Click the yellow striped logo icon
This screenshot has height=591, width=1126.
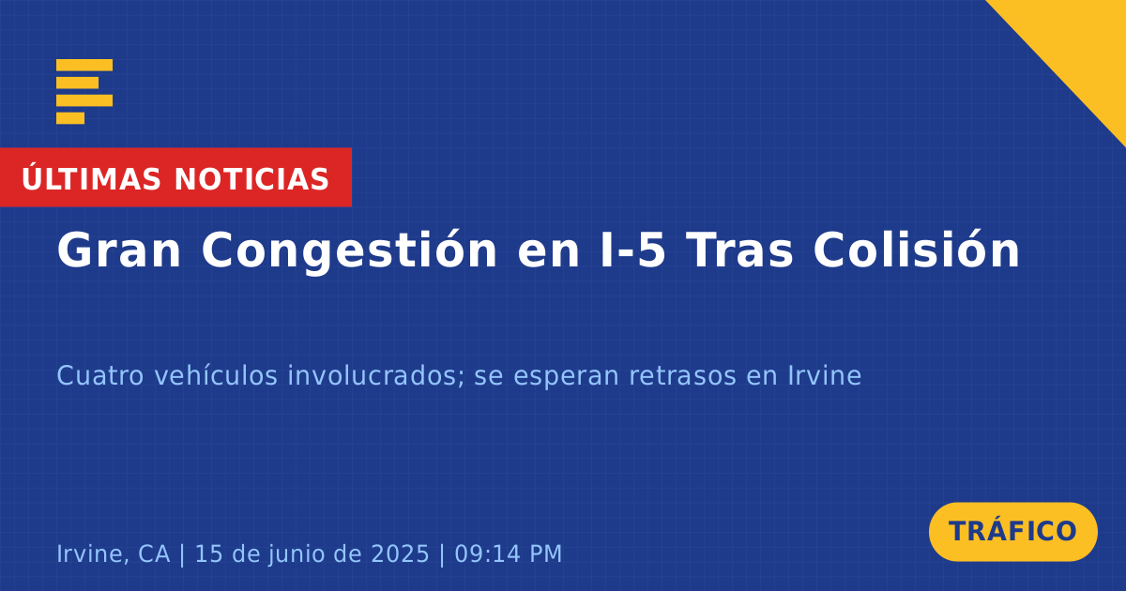click(x=84, y=92)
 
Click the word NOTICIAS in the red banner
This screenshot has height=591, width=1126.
click(x=251, y=179)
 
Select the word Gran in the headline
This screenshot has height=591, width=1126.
click(x=118, y=250)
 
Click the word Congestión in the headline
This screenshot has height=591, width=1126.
click(x=349, y=250)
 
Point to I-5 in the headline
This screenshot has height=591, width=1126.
click(x=633, y=250)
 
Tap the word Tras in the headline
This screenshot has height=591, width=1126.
click(x=739, y=250)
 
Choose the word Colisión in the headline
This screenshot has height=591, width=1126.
click(x=917, y=250)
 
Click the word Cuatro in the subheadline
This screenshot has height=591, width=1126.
click(x=100, y=376)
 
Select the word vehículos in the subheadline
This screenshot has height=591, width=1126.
click(x=216, y=375)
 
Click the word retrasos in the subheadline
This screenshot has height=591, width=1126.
click(x=683, y=376)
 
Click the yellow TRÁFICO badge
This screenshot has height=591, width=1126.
click(x=1012, y=532)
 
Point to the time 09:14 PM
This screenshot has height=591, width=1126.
click(x=509, y=554)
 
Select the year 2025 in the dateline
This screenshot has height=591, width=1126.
click(x=400, y=554)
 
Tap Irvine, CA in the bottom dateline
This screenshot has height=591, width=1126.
click(x=114, y=553)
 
